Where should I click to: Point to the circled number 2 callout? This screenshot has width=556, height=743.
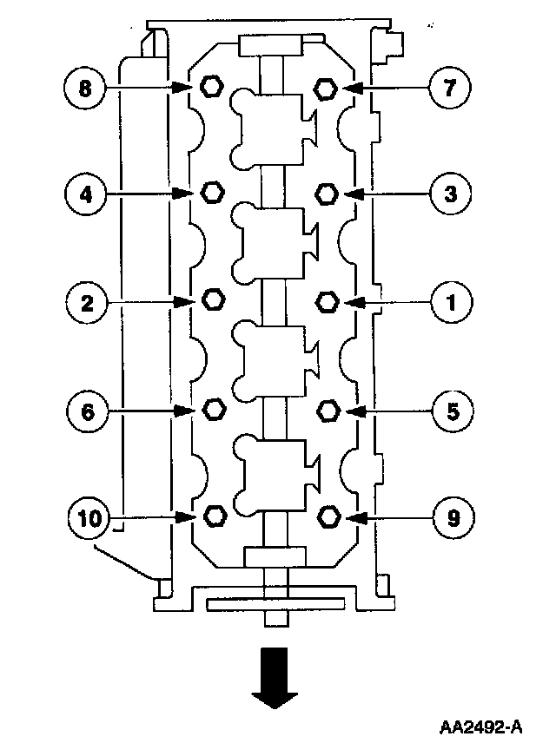(86, 301)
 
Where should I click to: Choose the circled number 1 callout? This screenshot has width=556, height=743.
(452, 301)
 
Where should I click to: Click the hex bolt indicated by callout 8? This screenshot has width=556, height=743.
(210, 86)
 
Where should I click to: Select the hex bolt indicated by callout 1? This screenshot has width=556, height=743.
(328, 301)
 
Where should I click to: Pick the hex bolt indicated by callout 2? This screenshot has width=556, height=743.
(212, 299)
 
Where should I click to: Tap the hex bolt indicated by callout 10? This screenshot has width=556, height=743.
(212, 516)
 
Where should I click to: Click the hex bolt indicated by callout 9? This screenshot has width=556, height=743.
(328, 516)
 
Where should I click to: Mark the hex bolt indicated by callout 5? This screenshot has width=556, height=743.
(328, 408)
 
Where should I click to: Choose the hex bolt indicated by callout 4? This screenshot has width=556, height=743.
(211, 193)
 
